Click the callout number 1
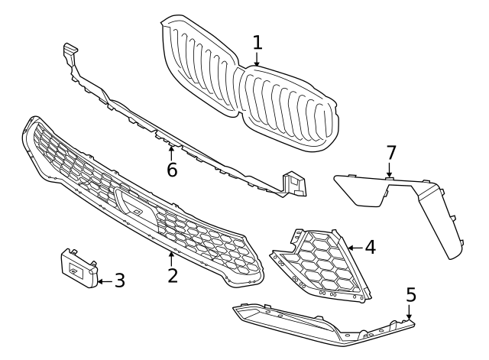pos(257,41)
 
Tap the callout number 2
pos(173,274)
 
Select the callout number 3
pos(119,281)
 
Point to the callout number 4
pos(370,247)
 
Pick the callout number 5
pos(410,294)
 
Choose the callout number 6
pos(172,170)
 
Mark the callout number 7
pos(391,153)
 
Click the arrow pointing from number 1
pos(257,60)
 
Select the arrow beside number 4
pos(355,247)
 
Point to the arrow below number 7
pos(390,171)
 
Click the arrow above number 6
pos(172,151)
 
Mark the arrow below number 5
pos(410,313)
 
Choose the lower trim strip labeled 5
pos(321,323)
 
